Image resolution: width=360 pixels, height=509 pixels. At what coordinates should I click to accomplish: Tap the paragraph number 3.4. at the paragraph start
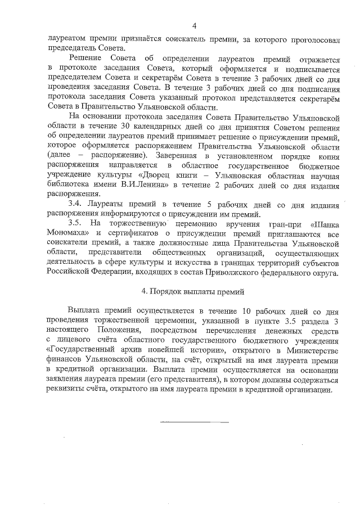(76, 203)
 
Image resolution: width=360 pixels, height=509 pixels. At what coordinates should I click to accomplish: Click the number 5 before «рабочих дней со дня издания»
(224, 203)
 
